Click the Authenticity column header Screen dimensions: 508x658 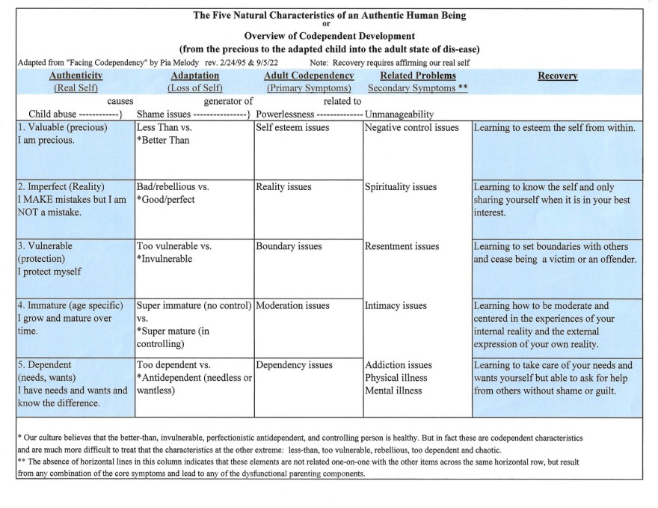pyautogui.click(x=76, y=76)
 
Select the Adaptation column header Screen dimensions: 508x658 pyautogui.click(x=195, y=76)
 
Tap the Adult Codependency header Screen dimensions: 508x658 pyautogui.click(x=309, y=76)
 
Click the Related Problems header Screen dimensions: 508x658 pyautogui.click(x=418, y=76)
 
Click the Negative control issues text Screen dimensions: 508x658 pyautogui.click(x=411, y=128)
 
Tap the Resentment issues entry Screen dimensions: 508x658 pyautogui.click(x=402, y=246)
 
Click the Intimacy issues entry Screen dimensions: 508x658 pyautogui.click(x=396, y=306)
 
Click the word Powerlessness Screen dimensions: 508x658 pyautogui.click(x=285, y=114)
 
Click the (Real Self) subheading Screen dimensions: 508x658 pyautogui.click(x=76, y=88)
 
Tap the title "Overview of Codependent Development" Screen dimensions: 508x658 pyautogui.click(x=329, y=36)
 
